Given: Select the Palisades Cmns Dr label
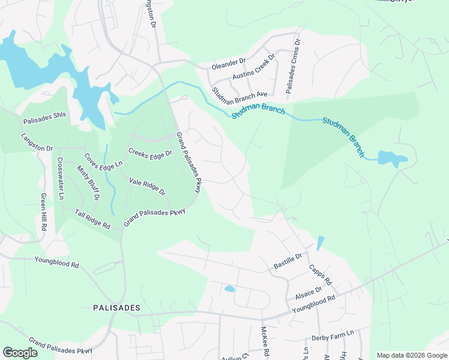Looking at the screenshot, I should pos(292,67).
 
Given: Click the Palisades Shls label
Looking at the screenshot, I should pos(43,118).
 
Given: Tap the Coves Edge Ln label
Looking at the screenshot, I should pos(103,160).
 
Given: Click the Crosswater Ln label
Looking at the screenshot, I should pos(60,178).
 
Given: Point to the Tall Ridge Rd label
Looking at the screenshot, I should pos(92,220).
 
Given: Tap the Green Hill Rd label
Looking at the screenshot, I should pos(43,213).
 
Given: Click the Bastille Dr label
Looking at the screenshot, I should pos(287,259).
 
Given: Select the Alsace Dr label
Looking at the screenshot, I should pos(308,292).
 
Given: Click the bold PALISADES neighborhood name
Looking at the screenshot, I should pos(116,308).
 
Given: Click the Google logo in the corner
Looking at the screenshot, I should pos(20,353).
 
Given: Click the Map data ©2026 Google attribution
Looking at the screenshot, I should pos(412,355).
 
